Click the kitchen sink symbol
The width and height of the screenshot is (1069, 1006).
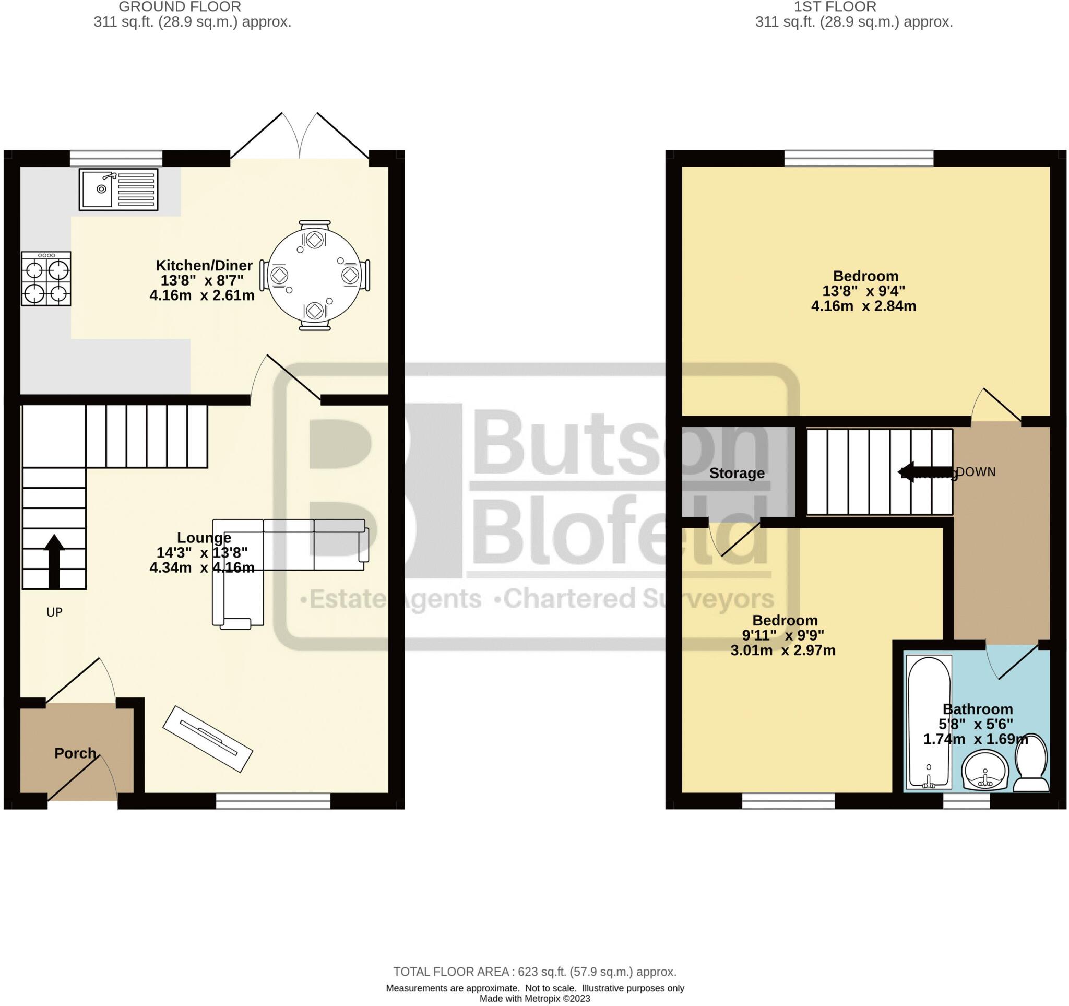click(118, 190)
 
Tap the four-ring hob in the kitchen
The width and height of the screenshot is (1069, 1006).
click(46, 279)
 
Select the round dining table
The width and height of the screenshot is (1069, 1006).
click(315, 275)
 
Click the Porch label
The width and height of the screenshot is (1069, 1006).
click(75, 753)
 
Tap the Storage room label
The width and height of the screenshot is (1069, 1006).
click(736, 473)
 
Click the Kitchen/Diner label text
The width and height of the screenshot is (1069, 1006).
click(204, 265)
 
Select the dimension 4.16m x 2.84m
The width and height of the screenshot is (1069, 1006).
click(863, 306)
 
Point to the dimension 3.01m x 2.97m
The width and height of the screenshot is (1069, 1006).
click(782, 650)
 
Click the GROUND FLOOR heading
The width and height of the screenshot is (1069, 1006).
click(180, 7)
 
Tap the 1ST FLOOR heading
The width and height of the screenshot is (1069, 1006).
click(835, 7)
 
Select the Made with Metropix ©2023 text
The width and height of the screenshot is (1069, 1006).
click(534, 999)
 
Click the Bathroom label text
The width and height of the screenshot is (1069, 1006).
click(977, 709)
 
